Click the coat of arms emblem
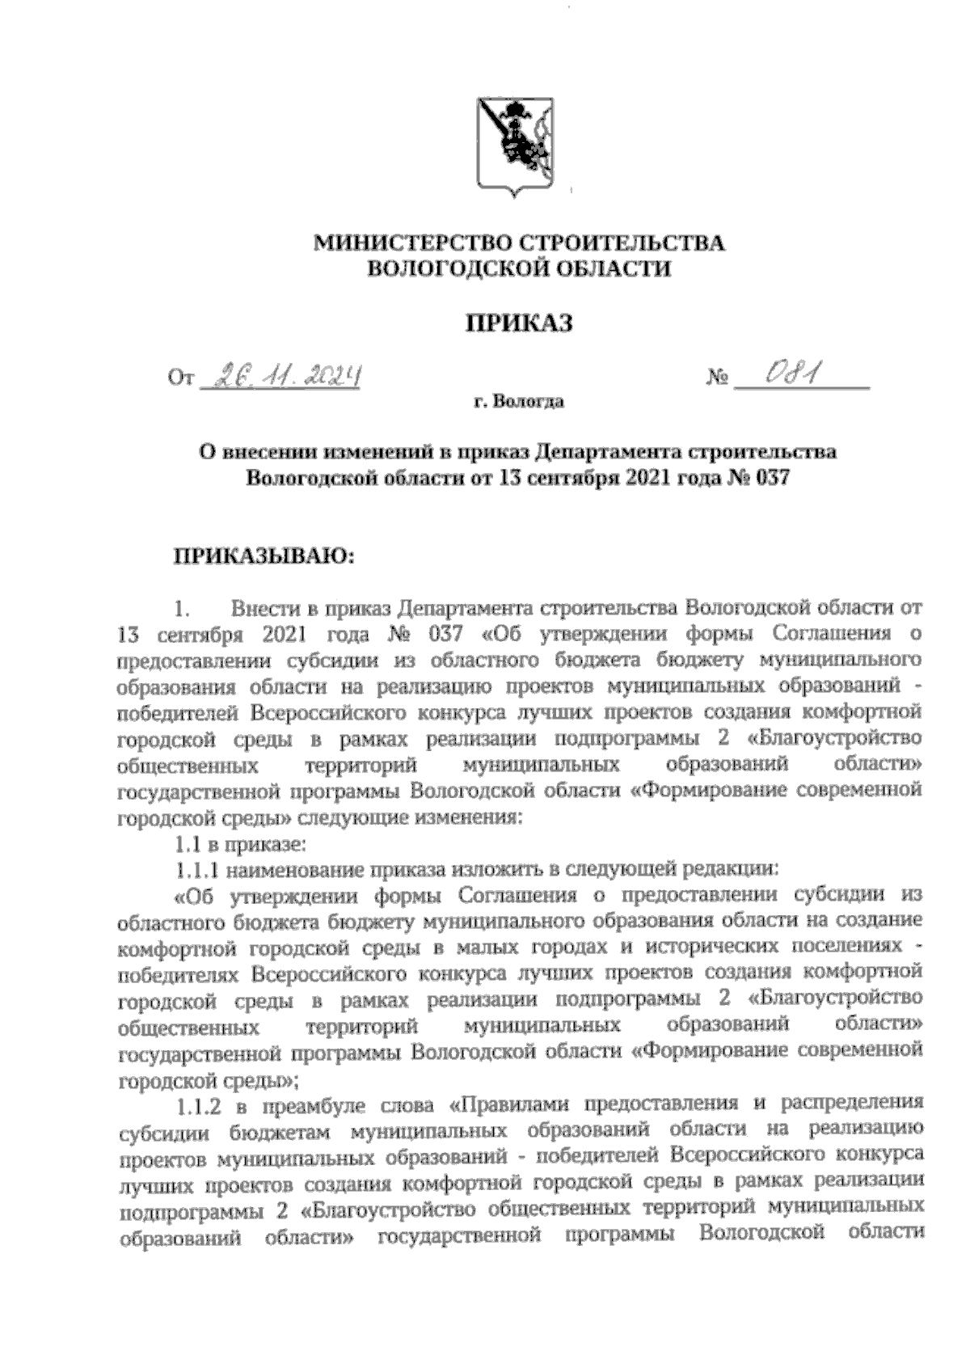coord(514,146)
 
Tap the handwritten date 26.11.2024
coord(280,375)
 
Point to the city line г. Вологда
coord(519,403)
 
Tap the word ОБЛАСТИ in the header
coord(621,269)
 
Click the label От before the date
coord(179,378)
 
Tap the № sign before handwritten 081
coord(717,378)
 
